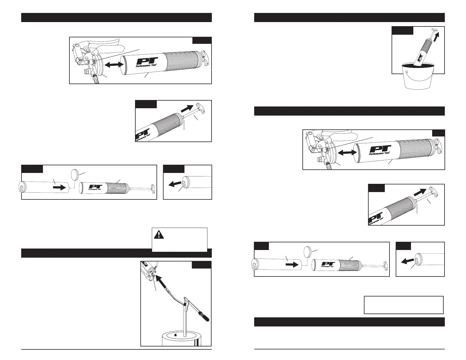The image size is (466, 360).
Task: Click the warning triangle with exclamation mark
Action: pyautogui.click(x=159, y=234)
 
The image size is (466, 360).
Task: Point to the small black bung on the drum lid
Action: pyautogui.click(x=176, y=335)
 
